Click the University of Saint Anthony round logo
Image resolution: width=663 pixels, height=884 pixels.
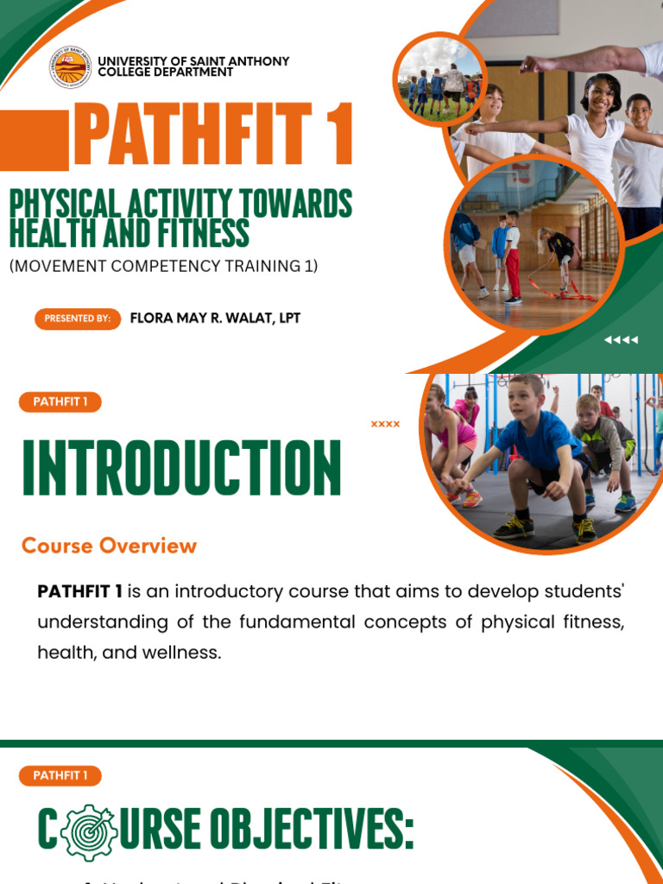tap(71, 66)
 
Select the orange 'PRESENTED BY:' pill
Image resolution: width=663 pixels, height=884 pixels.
tap(77, 319)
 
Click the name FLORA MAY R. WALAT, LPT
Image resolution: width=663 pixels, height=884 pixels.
tap(215, 318)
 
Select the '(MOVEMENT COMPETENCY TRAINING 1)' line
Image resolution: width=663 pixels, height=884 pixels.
tap(164, 266)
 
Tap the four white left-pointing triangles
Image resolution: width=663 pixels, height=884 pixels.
tap(621, 340)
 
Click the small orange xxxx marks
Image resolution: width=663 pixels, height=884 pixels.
tap(385, 424)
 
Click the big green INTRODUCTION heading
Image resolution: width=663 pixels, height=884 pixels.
tap(181, 469)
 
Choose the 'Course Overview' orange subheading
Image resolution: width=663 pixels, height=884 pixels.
tap(109, 546)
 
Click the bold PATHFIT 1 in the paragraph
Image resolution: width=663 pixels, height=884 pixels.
tap(79, 591)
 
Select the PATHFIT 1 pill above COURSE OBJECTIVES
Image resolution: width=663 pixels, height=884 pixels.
tap(60, 775)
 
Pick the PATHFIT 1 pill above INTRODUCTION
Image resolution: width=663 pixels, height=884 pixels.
tap(60, 401)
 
